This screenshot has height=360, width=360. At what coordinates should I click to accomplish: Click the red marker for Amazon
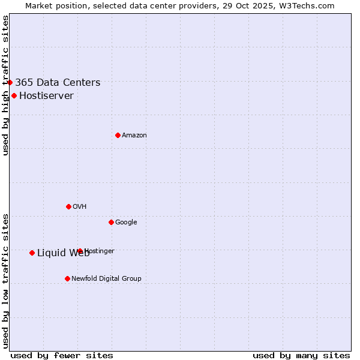pos(118,135)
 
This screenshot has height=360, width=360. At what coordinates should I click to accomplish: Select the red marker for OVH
pos(68,206)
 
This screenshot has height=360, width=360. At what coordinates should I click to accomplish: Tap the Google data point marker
pos(111,222)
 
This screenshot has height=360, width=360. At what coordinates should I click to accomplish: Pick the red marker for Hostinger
pos(80,251)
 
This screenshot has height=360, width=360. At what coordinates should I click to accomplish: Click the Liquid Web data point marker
pos(32,253)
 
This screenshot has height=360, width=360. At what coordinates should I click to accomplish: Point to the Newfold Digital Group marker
pos(67,278)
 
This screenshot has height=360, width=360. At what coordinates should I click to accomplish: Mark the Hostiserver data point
pos(14,95)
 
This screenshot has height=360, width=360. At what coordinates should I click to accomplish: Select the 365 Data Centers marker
pos(10,82)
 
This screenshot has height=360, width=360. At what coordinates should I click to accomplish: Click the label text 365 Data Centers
pos(58,83)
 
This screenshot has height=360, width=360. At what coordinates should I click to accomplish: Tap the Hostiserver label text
pos(46,96)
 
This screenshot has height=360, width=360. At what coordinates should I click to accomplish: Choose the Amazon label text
pos(134,136)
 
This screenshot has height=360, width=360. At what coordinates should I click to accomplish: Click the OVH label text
pos(80,207)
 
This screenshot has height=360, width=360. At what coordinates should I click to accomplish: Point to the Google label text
pos(126,223)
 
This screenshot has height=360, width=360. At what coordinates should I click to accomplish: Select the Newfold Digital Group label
pos(106,279)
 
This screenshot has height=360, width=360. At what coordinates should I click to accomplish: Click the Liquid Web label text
pos(63,253)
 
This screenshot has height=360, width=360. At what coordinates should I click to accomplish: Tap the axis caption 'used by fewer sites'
pos(62,355)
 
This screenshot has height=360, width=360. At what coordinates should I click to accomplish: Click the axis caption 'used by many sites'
pos(301,355)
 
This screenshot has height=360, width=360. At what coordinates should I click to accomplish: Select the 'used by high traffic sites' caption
pos(5,85)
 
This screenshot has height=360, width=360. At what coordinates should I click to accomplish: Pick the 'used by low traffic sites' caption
pos(5,281)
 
